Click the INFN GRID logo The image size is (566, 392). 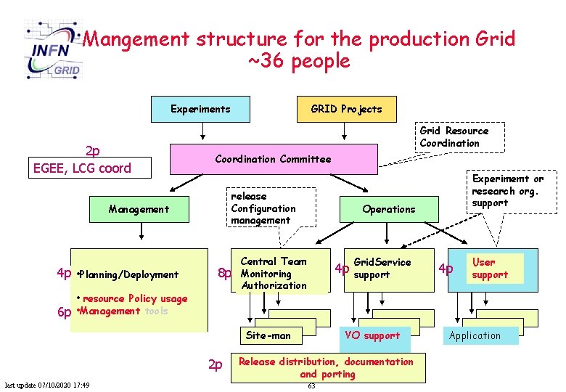coord(53,49)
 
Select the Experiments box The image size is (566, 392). coord(200,110)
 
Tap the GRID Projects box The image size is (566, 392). coord(345,110)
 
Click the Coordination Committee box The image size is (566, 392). coord(273,159)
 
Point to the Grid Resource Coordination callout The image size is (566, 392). coord(454,137)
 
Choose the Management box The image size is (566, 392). coord(139,209)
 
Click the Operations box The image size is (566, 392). coord(389,209)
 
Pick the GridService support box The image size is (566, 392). coord(382,269)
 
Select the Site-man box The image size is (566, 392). coord(268,335)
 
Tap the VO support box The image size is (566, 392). coord(372,335)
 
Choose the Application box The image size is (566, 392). coord(475,335)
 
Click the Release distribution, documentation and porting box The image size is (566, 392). coord(326,367)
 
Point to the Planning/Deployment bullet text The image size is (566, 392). coord(128,274)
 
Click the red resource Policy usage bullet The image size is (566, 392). coord(133,298)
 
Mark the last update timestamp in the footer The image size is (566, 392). coord(47,385)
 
